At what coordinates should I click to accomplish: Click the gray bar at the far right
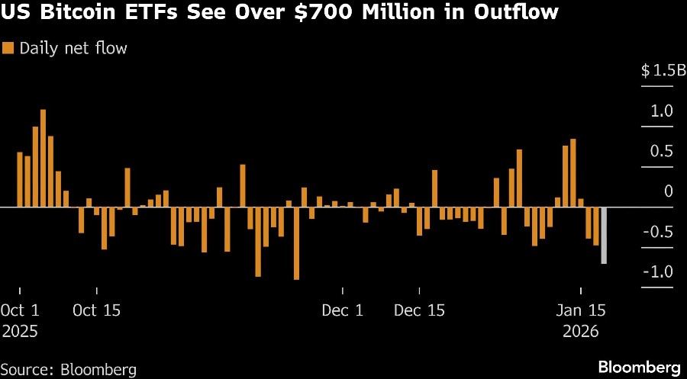point(603,236)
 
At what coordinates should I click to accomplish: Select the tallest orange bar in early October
point(43,159)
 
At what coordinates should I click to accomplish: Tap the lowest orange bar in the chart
point(296,243)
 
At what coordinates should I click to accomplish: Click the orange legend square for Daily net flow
point(9,49)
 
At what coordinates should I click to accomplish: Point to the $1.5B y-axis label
point(657,71)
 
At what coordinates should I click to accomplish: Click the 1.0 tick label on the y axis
point(661,111)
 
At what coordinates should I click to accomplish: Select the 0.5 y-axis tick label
point(661,152)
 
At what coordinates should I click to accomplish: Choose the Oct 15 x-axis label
point(96,311)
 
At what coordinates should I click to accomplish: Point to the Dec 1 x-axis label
point(343,311)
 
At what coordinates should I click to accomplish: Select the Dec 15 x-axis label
point(419,311)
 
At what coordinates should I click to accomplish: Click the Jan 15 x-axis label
point(581,311)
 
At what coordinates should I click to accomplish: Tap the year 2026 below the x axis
point(581,332)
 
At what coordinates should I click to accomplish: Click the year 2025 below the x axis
point(20,332)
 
